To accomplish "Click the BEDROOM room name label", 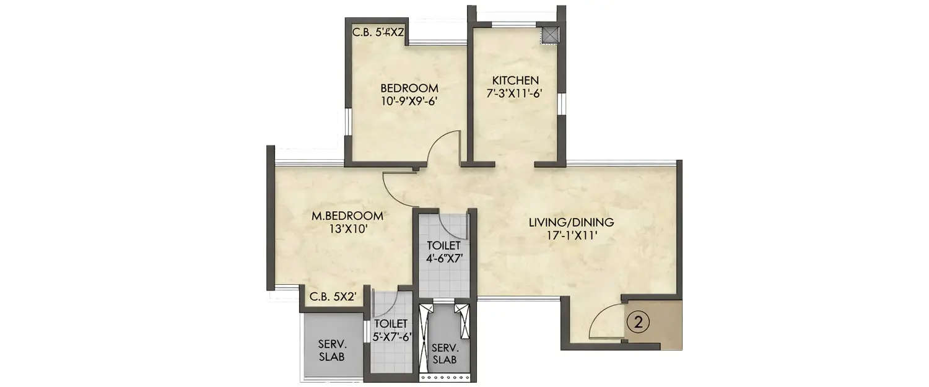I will [409, 87].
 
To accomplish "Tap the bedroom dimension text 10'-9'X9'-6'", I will [409, 99].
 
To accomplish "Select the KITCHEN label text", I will [515, 80].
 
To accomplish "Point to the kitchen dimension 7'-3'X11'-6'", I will [515, 93].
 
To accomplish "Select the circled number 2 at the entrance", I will [639, 322].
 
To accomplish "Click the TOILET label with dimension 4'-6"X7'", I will [444, 246].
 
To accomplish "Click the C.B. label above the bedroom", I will [378, 33].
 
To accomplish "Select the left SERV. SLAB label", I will [331, 351].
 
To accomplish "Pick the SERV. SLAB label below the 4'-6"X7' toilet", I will [445, 354].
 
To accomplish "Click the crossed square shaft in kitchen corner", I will [549, 35].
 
